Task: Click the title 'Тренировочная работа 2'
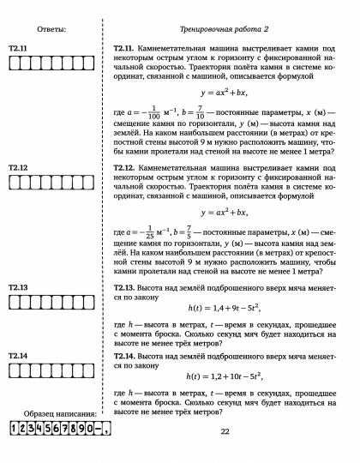[x=225, y=29]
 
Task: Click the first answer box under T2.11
[x=11, y=62]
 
